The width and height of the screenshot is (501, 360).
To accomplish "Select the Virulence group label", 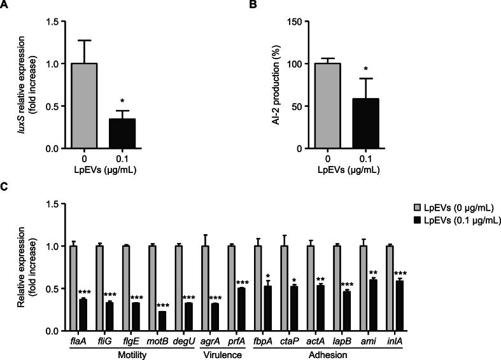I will click(x=218, y=354).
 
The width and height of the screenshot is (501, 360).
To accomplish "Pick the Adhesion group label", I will click(x=325, y=354).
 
